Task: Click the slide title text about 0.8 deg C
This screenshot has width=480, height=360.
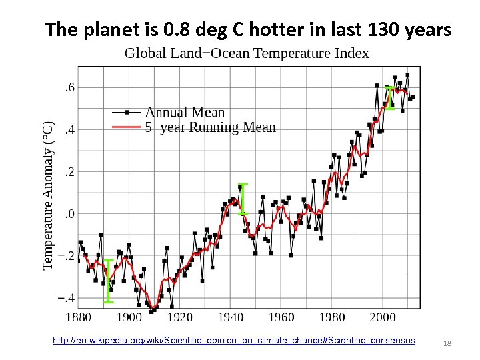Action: click(x=249, y=30)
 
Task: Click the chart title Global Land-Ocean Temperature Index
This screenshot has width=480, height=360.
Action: click(x=247, y=53)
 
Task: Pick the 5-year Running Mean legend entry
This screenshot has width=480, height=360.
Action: click(x=210, y=127)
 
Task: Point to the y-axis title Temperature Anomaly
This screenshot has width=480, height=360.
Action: click(x=49, y=195)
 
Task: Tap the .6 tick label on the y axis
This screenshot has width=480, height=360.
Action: click(x=69, y=87)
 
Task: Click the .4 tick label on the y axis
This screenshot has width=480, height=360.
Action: click(x=69, y=129)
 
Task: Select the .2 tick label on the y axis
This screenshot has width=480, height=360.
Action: click(x=69, y=171)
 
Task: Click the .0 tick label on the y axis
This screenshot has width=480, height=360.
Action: click(x=69, y=214)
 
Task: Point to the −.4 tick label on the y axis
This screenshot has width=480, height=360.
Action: click(x=66, y=298)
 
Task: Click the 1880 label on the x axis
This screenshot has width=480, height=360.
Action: click(x=79, y=317)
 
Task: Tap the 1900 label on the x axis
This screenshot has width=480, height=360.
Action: click(x=129, y=317)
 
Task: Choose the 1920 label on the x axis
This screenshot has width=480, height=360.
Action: click(x=180, y=317)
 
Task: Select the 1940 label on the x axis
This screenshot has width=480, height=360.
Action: click(x=231, y=317)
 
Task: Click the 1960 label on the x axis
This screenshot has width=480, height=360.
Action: click(x=281, y=317)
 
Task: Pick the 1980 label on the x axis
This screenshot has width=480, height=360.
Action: click(x=332, y=317)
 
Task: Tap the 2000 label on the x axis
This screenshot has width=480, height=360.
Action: click(x=383, y=317)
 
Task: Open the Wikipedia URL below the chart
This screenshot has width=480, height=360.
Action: click(x=233, y=341)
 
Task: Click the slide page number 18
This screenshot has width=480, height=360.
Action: click(x=447, y=342)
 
